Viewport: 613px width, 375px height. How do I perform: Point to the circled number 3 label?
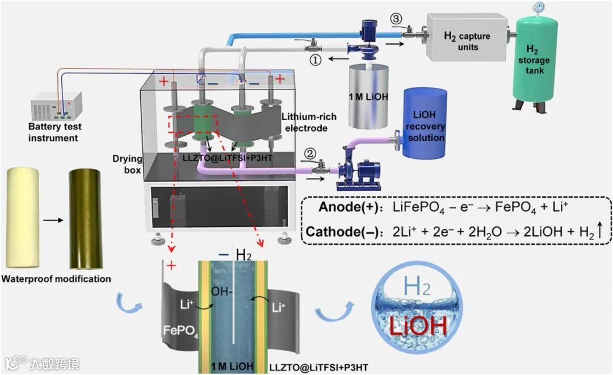pos(396,19)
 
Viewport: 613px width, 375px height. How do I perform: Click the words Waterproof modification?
pos(56,279)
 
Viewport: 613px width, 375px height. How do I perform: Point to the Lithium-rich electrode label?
pos(309,123)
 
